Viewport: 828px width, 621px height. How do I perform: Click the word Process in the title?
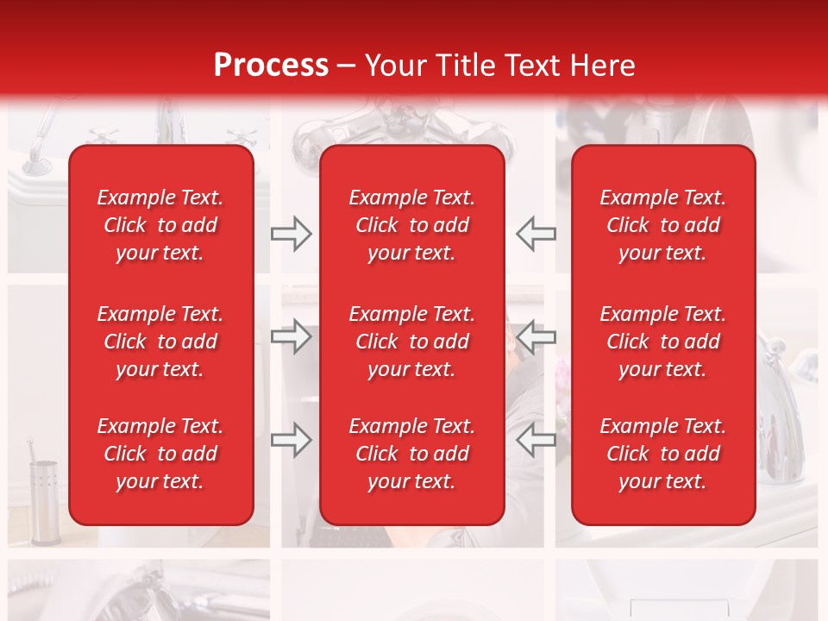click(271, 66)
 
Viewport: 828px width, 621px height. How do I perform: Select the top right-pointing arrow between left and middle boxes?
click(291, 233)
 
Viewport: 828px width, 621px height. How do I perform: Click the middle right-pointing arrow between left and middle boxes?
click(291, 336)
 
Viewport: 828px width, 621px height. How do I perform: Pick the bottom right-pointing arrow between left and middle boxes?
click(291, 440)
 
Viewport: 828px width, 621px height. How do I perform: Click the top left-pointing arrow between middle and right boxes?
click(536, 233)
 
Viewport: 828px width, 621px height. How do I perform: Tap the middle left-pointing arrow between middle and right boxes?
click(536, 336)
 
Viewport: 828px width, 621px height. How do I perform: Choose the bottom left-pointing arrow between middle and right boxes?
click(536, 440)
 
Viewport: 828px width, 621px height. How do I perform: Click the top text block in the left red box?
click(160, 225)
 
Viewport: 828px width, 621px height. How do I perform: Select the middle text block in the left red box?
click(160, 342)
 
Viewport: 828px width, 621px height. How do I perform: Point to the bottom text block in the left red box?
click(160, 454)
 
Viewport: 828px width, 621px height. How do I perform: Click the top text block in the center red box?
click(411, 225)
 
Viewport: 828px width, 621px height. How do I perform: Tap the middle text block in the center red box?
click(411, 342)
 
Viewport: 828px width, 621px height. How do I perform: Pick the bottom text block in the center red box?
click(411, 454)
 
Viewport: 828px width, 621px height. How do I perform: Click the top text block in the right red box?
click(662, 225)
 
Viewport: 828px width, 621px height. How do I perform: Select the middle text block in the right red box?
click(662, 342)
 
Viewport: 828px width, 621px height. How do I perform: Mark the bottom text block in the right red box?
click(662, 454)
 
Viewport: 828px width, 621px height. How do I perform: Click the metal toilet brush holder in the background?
click(44, 496)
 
